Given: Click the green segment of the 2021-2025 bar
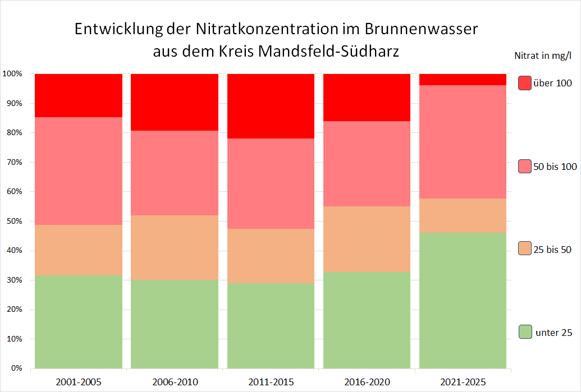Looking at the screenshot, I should (x=463, y=301).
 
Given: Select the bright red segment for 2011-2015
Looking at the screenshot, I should (x=271, y=106).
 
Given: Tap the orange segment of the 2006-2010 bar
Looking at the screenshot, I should (x=175, y=247).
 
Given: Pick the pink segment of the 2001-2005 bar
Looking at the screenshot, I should (x=79, y=171).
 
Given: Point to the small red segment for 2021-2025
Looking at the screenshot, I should (x=463, y=79).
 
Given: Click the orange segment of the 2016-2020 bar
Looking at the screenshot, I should (x=367, y=239).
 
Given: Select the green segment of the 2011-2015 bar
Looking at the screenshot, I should (x=271, y=326).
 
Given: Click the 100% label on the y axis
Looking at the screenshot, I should (x=12, y=74).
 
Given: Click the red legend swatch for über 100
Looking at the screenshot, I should (x=525, y=83).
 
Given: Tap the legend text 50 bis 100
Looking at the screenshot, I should (x=554, y=167).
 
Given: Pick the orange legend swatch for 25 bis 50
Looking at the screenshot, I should (x=525, y=249).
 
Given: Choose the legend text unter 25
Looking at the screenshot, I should (x=553, y=333).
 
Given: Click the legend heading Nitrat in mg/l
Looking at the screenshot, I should (x=542, y=55).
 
